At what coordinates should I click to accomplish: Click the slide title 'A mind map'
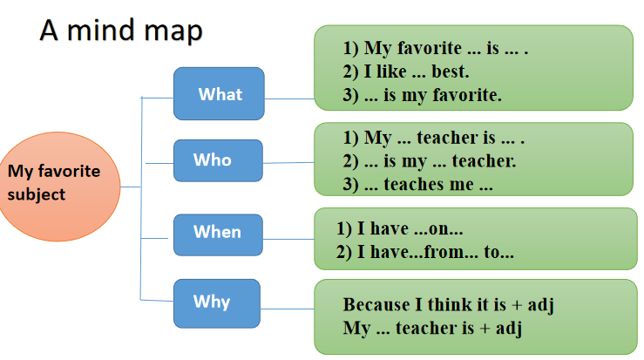point(121,31)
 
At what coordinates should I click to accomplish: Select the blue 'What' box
point(219,93)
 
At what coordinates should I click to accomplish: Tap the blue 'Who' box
point(218,160)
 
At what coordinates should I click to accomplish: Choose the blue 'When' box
point(218,234)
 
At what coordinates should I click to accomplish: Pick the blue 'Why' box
point(217,303)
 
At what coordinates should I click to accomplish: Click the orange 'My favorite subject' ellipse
point(58,187)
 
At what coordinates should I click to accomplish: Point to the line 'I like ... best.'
point(406,71)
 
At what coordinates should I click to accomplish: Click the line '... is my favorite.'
point(422,95)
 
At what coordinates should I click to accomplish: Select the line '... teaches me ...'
point(417,185)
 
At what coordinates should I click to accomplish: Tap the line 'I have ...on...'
point(400,228)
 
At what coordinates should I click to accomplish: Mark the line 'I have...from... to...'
point(425,252)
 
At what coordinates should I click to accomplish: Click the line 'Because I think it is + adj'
point(449,305)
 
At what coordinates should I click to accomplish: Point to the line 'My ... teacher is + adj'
point(432,329)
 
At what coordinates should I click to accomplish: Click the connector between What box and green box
point(289,98)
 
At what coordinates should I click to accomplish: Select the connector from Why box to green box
point(288,309)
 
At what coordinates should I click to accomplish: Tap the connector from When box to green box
point(288,239)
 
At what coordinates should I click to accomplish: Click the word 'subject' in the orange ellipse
point(37,194)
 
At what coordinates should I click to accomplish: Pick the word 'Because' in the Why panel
point(376,305)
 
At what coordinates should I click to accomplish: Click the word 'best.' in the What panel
point(451,71)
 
